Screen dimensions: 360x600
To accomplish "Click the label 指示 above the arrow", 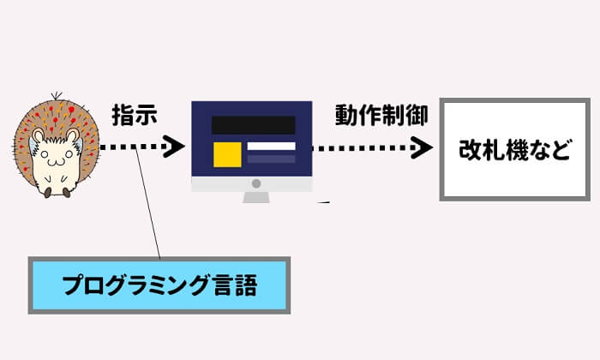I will point(135,116).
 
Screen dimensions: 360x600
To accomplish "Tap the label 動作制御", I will point(375,116).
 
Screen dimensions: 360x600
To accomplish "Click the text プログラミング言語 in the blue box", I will point(159,284).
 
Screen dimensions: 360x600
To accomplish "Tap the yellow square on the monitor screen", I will point(227,153).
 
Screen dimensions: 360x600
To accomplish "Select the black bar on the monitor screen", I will point(253,124).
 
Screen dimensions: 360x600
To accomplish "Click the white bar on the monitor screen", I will point(271,147).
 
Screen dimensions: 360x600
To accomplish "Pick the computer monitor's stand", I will point(255,196).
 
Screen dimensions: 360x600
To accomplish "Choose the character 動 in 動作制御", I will point(345,116).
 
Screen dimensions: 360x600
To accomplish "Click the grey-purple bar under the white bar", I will point(271,159).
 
